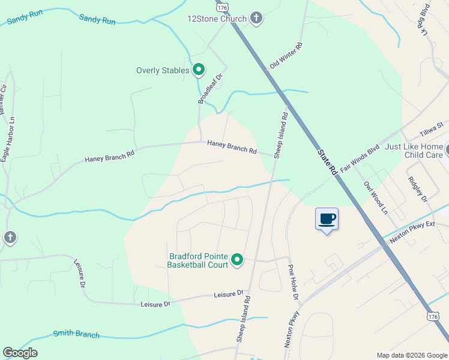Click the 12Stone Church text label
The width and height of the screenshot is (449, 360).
point(217,19)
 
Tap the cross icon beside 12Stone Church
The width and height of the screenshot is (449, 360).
point(256,18)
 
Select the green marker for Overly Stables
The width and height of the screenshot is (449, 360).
point(199,71)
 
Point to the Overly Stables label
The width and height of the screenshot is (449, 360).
point(163,71)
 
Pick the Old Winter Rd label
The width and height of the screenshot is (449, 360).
point(286,55)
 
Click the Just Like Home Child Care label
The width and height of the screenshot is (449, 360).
point(414,151)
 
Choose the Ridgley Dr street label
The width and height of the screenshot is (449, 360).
point(417,189)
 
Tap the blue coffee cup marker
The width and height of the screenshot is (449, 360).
point(327,218)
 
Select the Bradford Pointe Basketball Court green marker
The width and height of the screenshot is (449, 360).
point(237,260)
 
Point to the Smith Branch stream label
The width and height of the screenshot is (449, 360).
point(76,334)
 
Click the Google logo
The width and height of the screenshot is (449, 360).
point(20,353)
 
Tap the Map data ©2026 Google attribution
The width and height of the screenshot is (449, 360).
point(411,355)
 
